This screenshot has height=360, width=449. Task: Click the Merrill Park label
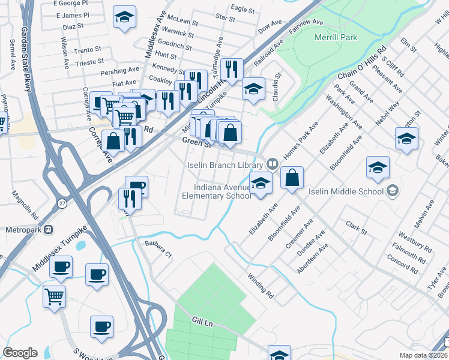point(336,37)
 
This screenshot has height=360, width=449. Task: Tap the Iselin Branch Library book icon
point(272,164)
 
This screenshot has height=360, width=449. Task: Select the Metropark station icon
point(49,229)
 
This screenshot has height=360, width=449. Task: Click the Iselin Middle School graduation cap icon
point(393,191)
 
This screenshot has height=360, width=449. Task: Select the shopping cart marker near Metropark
point(55,296)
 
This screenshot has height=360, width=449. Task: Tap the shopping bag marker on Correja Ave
point(113,141)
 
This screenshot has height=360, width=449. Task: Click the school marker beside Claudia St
point(253,89)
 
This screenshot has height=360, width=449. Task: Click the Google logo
point(20,353)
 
